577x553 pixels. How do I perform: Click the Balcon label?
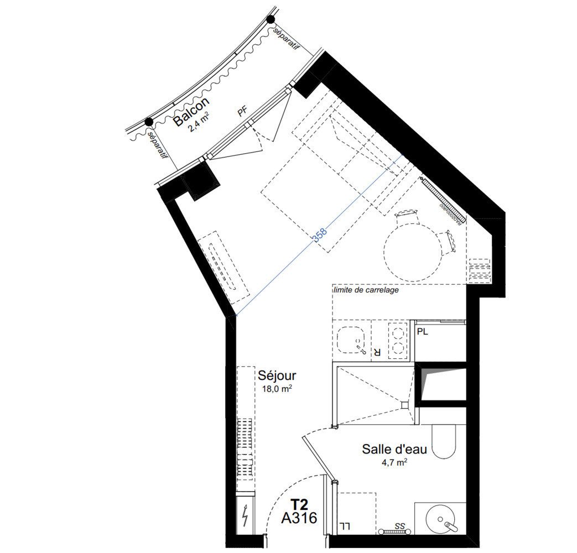tap(192, 112)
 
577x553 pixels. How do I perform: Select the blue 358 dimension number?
tap(319, 234)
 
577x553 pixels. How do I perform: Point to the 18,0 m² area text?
tap(277, 389)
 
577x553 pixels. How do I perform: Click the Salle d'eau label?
tap(394, 449)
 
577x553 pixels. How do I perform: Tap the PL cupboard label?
tap(423, 332)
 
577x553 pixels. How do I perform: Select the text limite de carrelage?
tap(366, 290)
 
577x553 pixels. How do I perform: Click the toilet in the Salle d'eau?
tap(444, 441)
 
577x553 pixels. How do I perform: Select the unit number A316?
tap(299, 518)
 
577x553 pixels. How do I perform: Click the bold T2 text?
tap(299, 504)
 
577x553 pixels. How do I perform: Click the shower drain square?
tap(405, 405)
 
